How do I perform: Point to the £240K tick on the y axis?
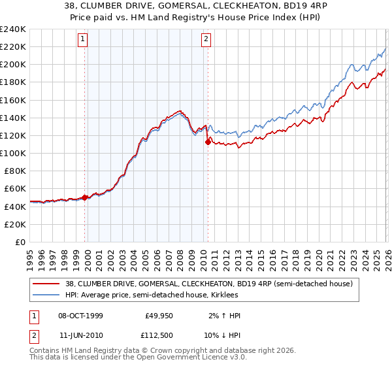[13, 29]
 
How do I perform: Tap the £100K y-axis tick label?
[13, 153]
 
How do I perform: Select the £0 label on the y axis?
[20, 242]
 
